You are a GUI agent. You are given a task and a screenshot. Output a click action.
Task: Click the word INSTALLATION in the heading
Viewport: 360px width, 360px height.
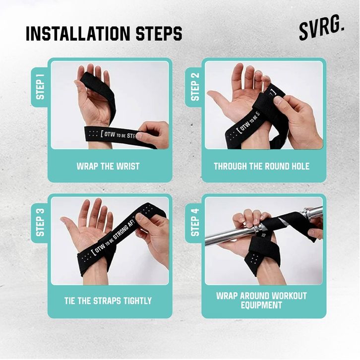(78, 34)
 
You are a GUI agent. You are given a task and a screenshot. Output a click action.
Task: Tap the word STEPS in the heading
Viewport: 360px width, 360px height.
(159, 34)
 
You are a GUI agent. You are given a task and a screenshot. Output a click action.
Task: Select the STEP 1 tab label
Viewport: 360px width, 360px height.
(40, 87)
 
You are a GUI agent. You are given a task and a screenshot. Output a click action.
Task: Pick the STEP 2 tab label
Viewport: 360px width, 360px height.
(195, 87)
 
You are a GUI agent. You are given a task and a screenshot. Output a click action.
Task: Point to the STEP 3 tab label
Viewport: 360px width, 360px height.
(40, 222)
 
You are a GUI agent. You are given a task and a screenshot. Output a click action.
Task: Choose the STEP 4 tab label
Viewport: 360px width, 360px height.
(195, 222)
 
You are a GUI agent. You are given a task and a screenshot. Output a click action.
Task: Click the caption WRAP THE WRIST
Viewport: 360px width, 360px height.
(108, 166)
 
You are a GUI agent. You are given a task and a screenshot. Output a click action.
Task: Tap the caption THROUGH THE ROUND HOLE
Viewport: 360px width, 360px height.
(261, 166)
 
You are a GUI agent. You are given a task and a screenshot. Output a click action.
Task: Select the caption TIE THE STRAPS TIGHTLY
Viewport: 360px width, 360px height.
(108, 301)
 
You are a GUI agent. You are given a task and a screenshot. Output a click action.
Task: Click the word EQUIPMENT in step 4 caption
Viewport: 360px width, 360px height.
(261, 305)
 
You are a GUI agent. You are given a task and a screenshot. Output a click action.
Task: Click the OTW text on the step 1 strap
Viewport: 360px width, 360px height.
(110, 134)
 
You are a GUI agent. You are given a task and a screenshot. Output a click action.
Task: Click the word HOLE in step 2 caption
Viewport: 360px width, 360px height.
(300, 166)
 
